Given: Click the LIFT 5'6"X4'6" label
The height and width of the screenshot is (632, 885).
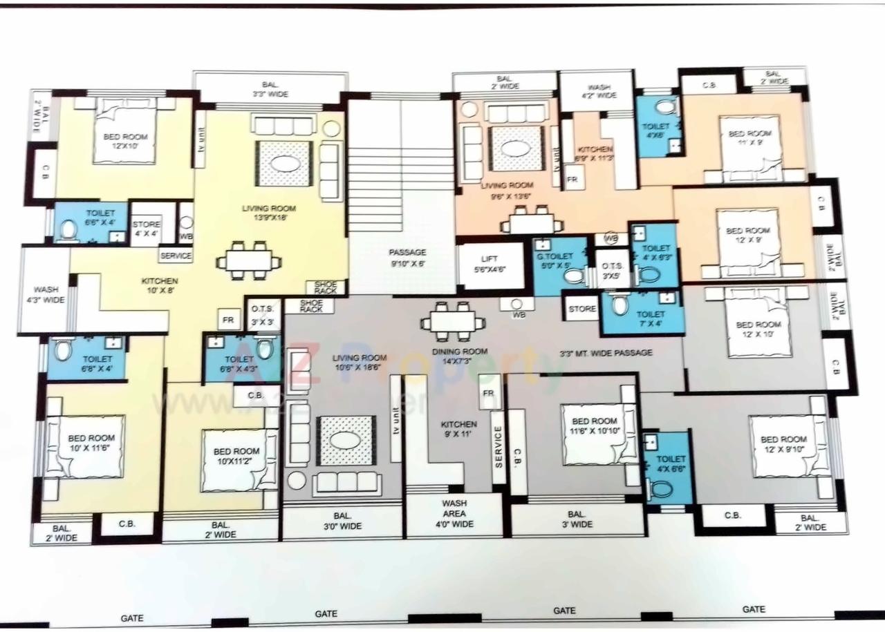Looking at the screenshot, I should pyautogui.click(x=490, y=265).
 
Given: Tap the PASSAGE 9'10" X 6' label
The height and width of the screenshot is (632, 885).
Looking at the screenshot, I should pyautogui.click(x=407, y=258).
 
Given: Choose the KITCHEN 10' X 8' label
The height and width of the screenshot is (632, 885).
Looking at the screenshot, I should pyautogui.click(x=160, y=286).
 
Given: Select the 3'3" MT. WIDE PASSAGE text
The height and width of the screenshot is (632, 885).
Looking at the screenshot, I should pyautogui.click(x=606, y=353).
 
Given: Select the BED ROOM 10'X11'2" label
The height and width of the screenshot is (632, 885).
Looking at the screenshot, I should pyautogui.click(x=236, y=457).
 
